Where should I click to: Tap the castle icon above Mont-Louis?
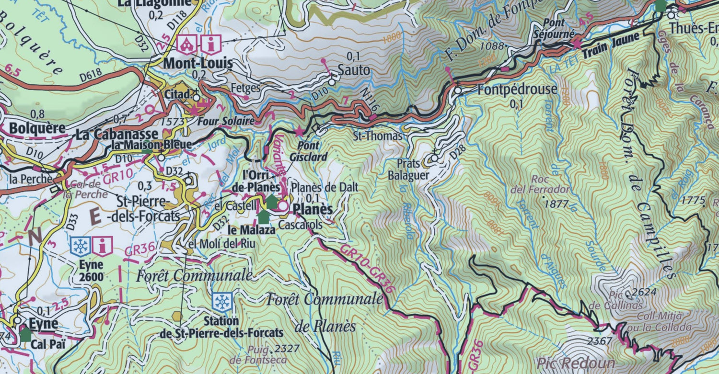(185, 45)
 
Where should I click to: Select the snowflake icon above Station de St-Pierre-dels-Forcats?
(222, 302)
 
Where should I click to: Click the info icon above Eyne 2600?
(103, 246)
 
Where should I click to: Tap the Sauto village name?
(354, 70)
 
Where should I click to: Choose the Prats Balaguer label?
(408, 170)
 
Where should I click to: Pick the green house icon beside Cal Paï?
(25, 334)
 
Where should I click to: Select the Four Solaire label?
(226, 121)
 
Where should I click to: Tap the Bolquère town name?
(37, 129)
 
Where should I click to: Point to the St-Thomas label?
(378, 136)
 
